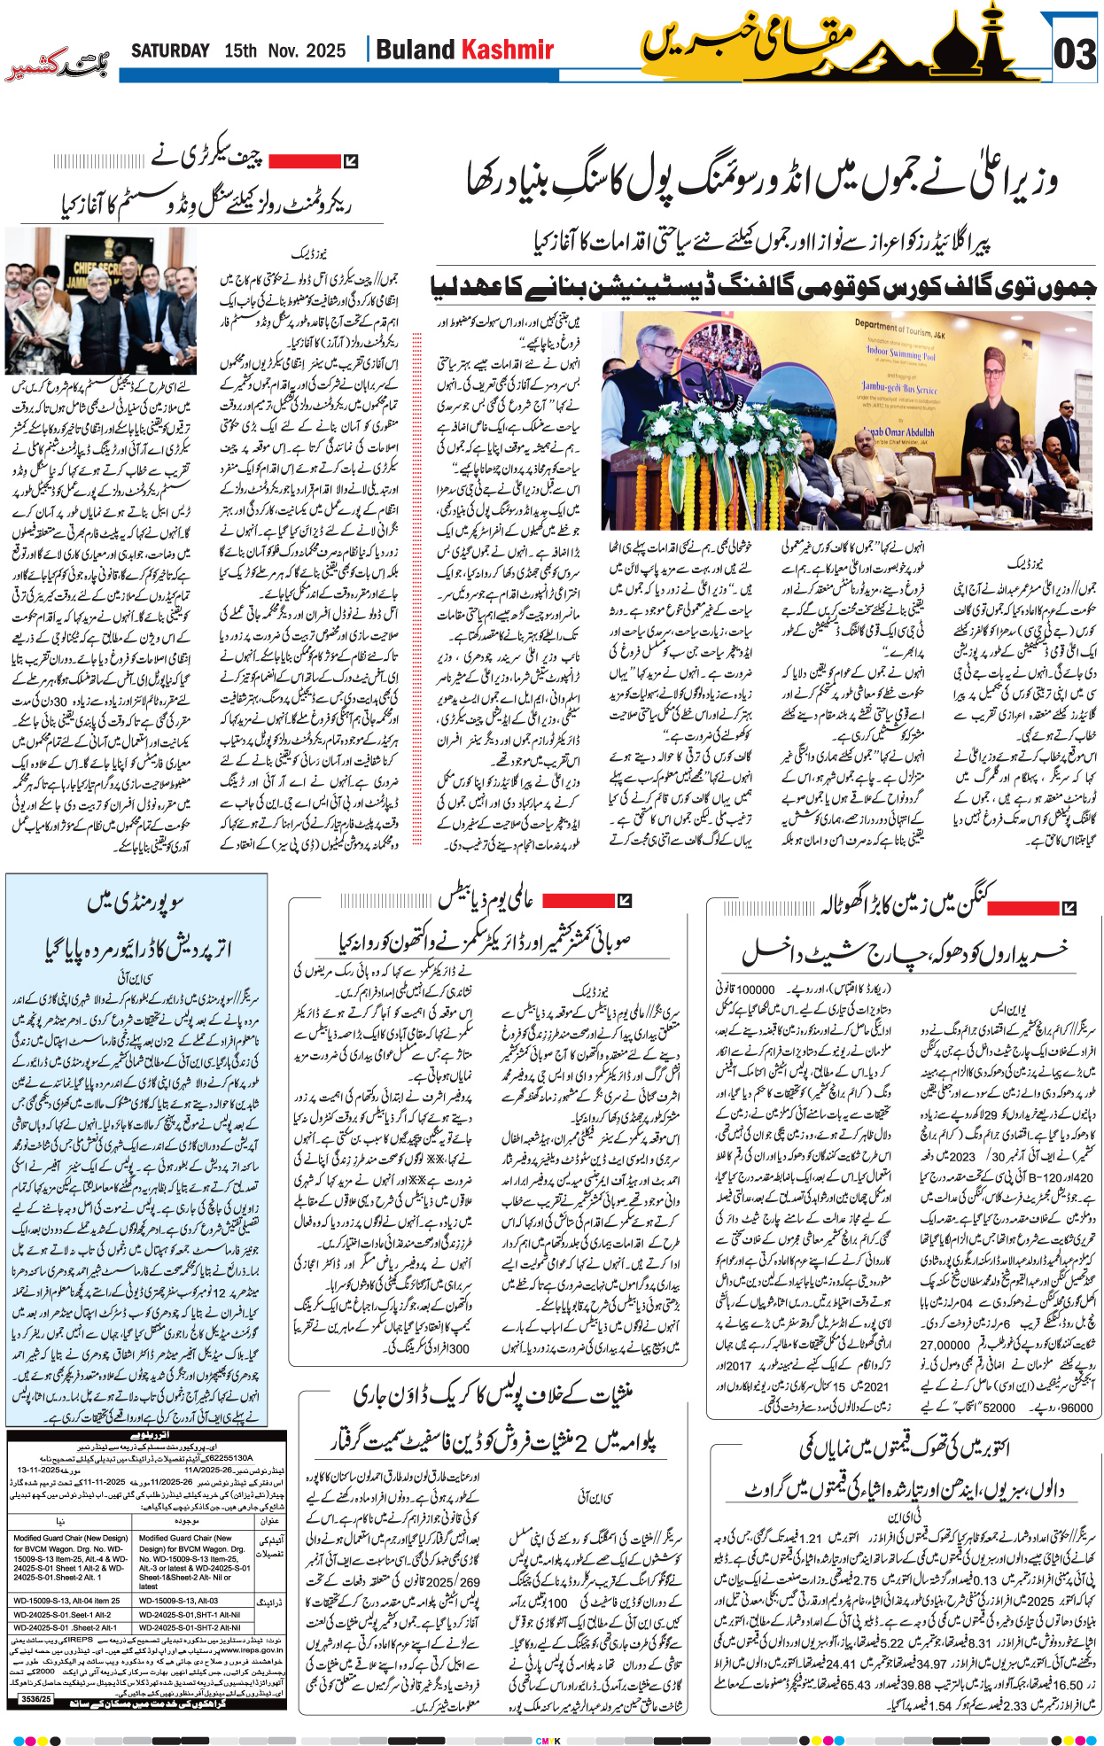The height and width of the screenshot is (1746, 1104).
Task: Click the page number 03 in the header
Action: click(x=1074, y=55)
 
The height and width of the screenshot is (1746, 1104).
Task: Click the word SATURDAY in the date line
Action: click(x=170, y=51)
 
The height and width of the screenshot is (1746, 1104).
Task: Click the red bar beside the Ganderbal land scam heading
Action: click(x=1022, y=908)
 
